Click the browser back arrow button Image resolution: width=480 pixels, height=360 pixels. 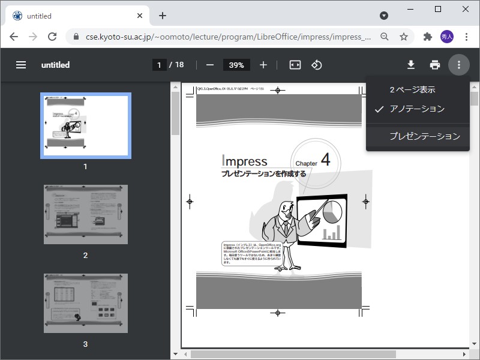pyautogui.click(x=13, y=37)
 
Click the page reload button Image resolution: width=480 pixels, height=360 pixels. pyautogui.click(x=52, y=37)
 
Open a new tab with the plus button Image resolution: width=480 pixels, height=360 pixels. pyautogui.click(x=162, y=16)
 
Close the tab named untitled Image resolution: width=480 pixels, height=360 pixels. pyautogui.click(x=140, y=16)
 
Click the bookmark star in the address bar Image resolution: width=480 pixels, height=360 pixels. pyautogui.click(x=404, y=37)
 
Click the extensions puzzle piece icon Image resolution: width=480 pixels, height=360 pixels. pyautogui.click(x=427, y=37)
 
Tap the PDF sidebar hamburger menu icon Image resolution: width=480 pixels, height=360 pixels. pyautogui.click(x=21, y=65)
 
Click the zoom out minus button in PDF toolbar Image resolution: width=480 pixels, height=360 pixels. pyautogui.click(x=210, y=65)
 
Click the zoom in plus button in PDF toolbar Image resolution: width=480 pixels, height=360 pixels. pyautogui.click(x=263, y=65)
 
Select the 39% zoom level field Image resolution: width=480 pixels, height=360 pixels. pyautogui.click(x=236, y=65)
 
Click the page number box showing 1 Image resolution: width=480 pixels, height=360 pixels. pyautogui.click(x=160, y=65)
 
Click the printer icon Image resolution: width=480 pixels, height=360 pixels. pyautogui.click(x=435, y=65)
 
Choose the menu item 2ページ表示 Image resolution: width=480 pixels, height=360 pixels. pyautogui.click(x=412, y=90)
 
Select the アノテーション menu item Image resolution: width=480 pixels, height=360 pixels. pyautogui.click(x=417, y=109)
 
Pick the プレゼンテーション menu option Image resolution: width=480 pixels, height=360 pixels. pyautogui.click(x=424, y=136)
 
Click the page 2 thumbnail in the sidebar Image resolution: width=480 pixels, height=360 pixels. pyautogui.click(x=86, y=214)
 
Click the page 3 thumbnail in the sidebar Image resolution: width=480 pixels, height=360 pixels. pyautogui.click(x=86, y=303)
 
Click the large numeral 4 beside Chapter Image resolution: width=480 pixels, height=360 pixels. pyautogui.click(x=326, y=160)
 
